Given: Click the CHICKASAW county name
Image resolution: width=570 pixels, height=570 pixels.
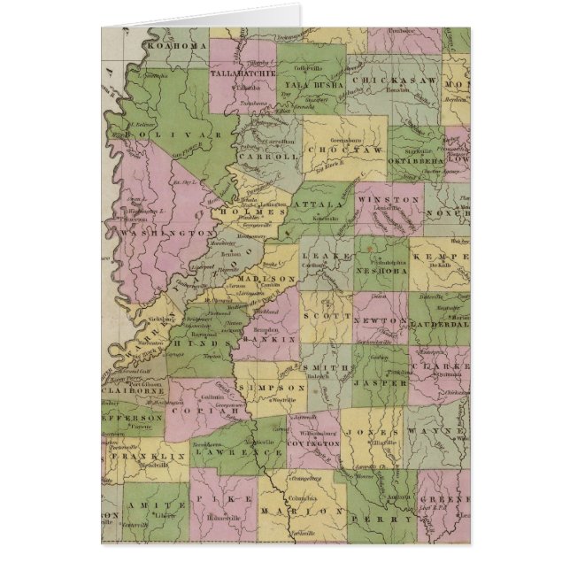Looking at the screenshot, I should [x=395, y=80].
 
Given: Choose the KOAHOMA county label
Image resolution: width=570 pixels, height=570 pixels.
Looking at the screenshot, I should [x=178, y=44].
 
